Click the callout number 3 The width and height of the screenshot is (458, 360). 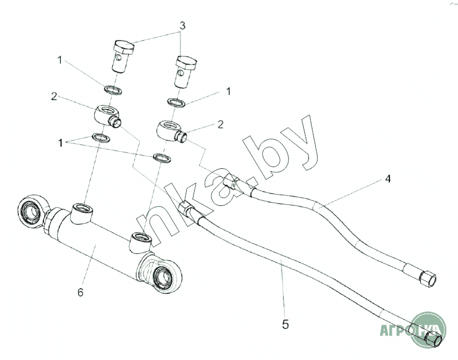pos(182,26)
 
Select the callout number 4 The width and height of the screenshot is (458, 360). pos(387,179)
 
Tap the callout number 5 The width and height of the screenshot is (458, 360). pos(286,325)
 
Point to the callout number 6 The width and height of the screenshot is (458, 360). pos(81,293)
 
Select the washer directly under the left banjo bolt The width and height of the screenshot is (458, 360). pos(112,89)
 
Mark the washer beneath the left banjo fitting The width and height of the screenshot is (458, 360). pos(101,137)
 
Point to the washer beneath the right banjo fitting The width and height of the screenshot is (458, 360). pos(161,157)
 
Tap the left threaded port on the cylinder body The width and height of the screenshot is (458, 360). pos(80,209)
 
